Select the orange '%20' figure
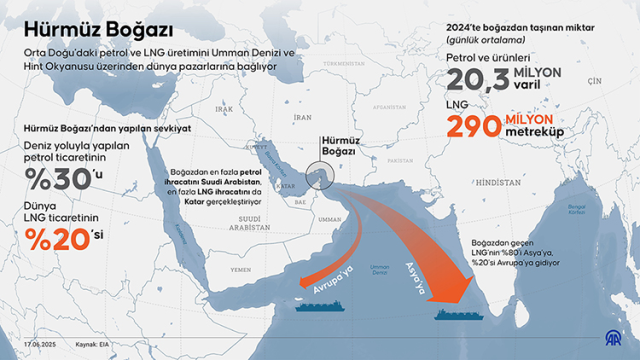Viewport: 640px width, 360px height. (51, 242)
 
